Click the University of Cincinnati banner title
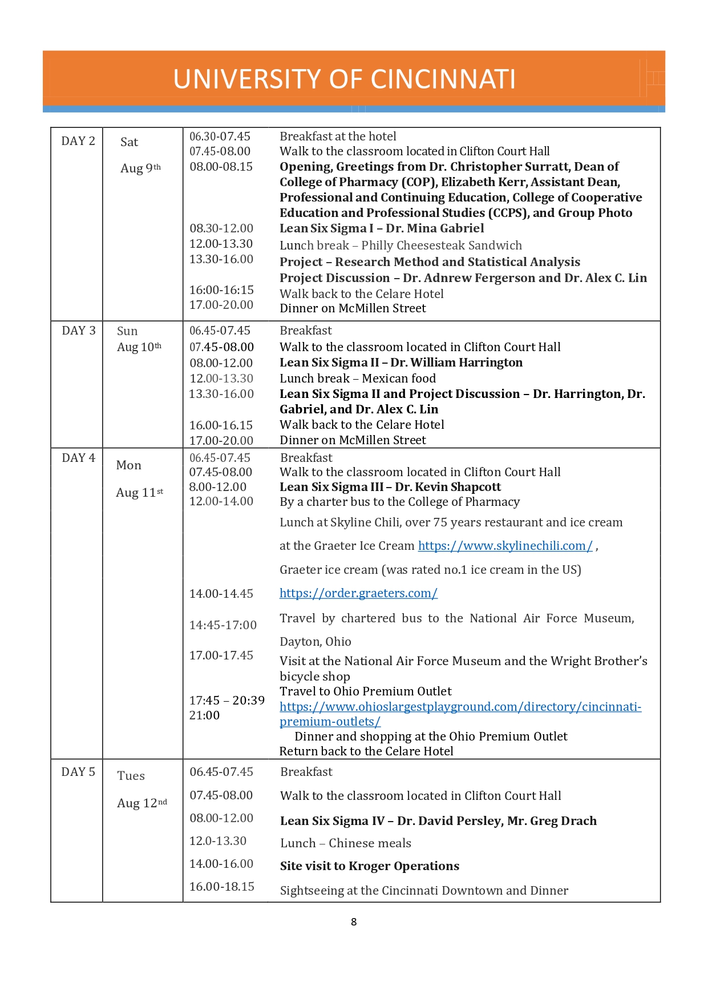tap(344, 79)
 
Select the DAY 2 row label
tap(78, 141)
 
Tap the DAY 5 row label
tap(78, 772)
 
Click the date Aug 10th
tap(139, 347)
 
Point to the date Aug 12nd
tap(142, 803)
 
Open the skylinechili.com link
tap(505, 546)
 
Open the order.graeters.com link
tap(358, 593)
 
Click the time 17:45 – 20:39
tap(227, 701)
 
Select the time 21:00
tap(204, 715)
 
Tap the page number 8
tap(354, 921)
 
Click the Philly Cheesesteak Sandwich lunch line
tap(400, 246)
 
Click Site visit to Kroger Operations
tap(369, 866)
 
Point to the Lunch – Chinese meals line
tap(345, 843)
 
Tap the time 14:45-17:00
tap(223, 625)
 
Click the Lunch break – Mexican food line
tap(358, 379)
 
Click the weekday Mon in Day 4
tap(128, 465)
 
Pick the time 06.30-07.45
tap(220, 136)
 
